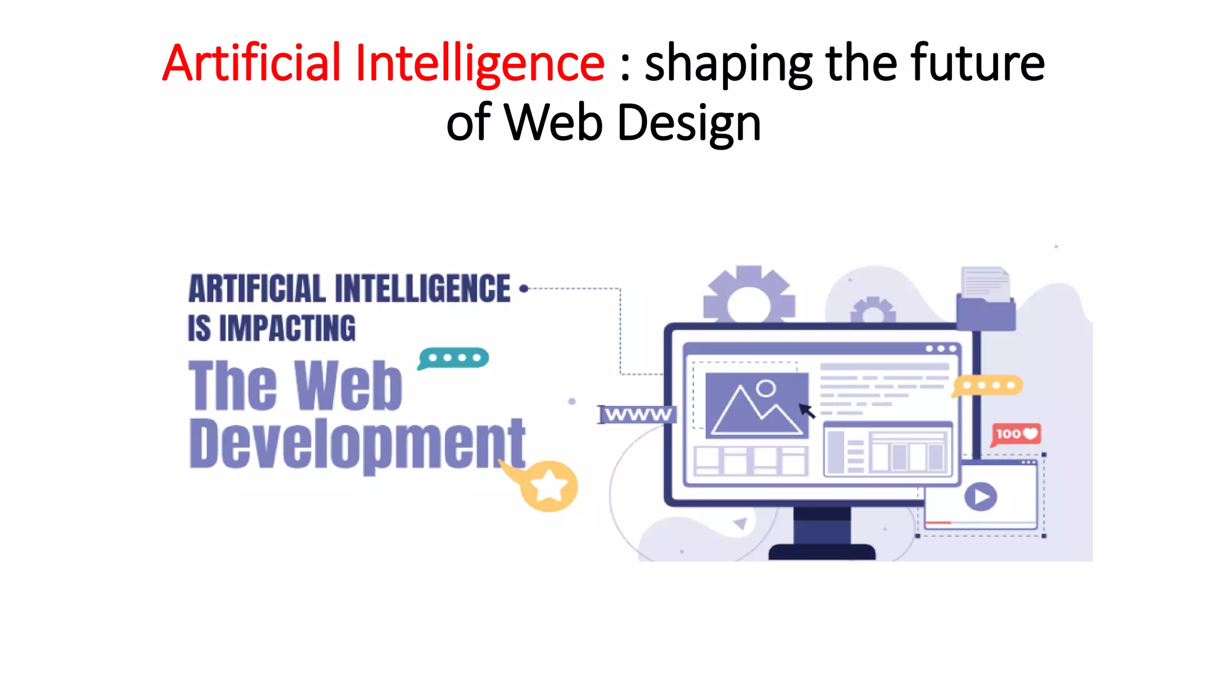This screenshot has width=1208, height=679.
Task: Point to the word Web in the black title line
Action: [553, 123]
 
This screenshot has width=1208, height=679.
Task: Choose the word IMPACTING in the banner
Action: [287, 328]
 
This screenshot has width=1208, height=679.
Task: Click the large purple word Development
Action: [357, 443]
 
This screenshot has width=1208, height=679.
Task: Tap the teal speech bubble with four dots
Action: [454, 358]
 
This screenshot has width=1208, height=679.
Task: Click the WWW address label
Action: [638, 414]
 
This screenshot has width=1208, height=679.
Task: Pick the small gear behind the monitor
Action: [873, 311]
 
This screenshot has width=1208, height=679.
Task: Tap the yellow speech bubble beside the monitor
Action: [988, 385]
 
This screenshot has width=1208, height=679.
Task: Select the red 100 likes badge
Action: [1016, 434]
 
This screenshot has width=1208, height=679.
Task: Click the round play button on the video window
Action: [980, 497]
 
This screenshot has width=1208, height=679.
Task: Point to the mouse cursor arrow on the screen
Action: [806, 411]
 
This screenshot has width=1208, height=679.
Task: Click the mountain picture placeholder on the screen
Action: [757, 406]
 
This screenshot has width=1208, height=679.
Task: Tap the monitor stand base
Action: [822, 552]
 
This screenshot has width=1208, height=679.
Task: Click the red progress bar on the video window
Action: [938, 523]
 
